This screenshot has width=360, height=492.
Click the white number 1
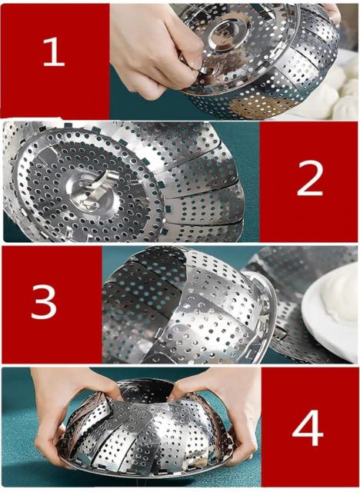54,52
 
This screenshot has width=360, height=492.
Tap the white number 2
310,178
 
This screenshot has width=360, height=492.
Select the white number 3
44,302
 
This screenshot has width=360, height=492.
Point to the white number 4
308,427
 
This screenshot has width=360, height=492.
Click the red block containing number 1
55,61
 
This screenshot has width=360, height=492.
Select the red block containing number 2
308,181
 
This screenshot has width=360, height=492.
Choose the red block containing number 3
52,304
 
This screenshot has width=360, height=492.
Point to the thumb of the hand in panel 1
192,68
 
